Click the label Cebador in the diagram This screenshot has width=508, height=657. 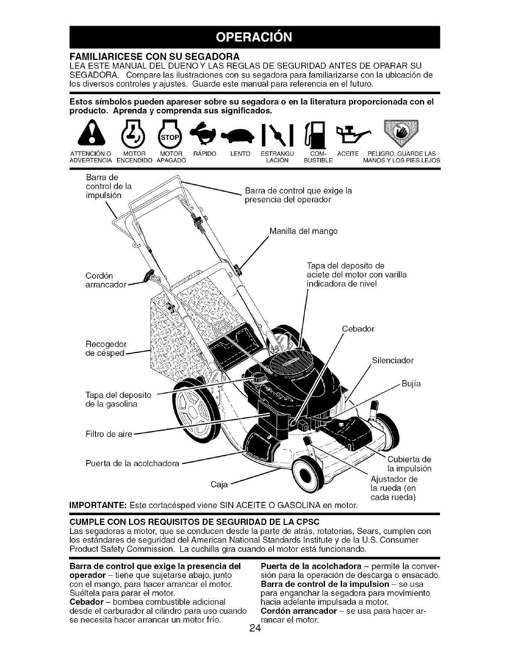tap(358, 329)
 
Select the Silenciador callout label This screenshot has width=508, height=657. tap(392, 360)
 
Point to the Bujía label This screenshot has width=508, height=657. tap(411, 384)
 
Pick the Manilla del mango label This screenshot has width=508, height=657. tap(303, 231)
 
